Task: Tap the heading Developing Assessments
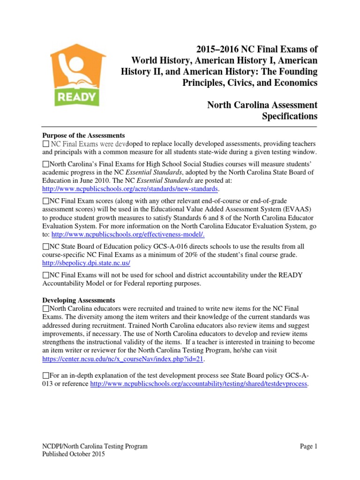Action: [x=79, y=300]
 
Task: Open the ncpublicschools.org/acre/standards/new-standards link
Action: [x=130, y=188]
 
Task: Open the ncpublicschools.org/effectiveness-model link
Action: [x=128, y=234]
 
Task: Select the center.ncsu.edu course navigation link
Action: [x=123, y=359]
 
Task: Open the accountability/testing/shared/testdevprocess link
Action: [x=199, y=384]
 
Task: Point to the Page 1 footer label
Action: [x=308, y=446]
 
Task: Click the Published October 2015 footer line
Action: [x=74, y=454]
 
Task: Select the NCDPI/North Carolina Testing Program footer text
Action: [x=95, y=446]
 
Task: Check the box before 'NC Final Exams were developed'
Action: [x=45, y=143]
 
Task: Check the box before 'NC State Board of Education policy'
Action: [x=45, y=246]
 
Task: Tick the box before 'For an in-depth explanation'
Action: [x=45, y=376]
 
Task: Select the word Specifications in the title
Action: [x=289, y=116]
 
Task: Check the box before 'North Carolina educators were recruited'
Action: [x=45, y=308]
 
